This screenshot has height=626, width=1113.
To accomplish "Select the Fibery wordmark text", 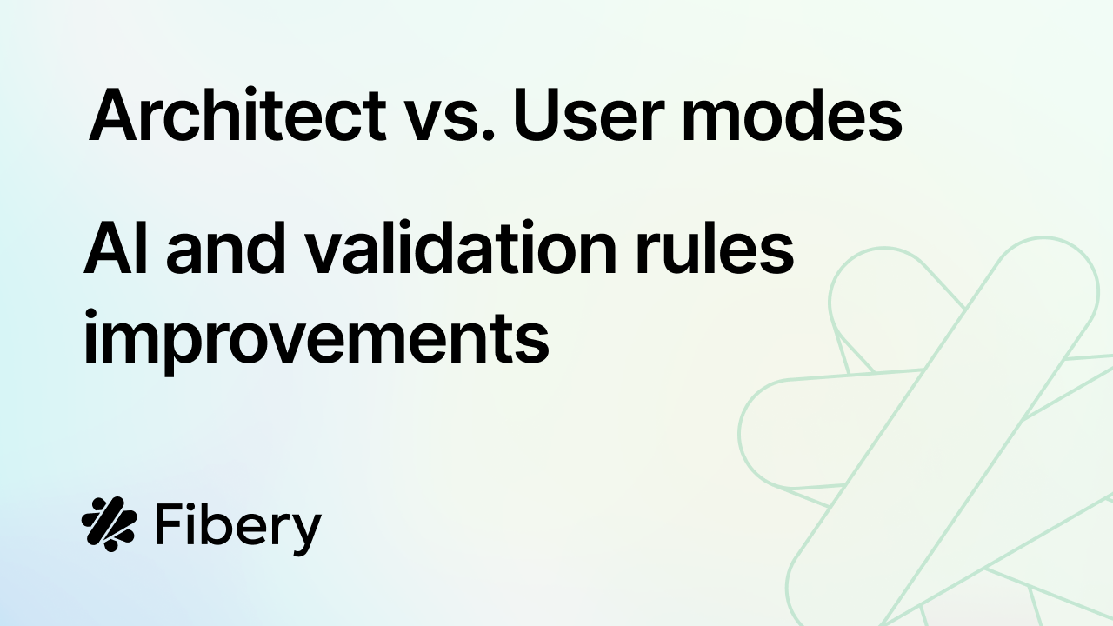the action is click(238, 528).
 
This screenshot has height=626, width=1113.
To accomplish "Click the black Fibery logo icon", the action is click(110, 524).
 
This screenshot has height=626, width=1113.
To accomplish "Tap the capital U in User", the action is click(536, 116).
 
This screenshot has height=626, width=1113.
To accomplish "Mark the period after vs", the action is click(488, 134).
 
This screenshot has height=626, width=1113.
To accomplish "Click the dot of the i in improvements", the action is click(90, 315).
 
